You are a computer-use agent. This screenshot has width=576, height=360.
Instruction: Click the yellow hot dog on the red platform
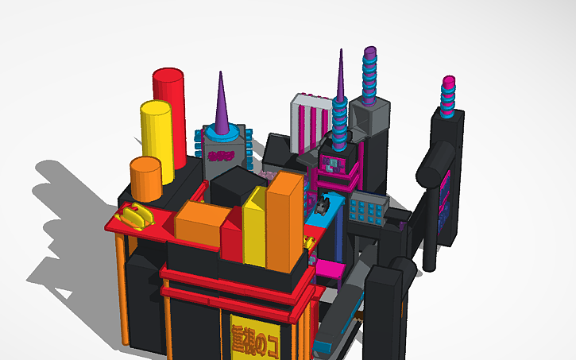[x=136, y=215]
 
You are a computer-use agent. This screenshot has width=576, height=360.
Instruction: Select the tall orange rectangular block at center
[x=284, y=223]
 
